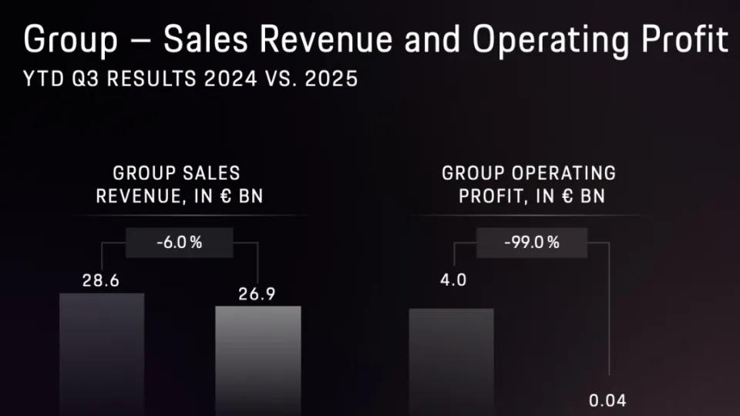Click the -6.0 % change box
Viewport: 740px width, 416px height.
click(179, 243)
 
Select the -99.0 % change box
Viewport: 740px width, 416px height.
click(531, 243)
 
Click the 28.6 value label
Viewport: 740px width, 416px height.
click(101, 280)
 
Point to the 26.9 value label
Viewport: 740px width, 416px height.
click(257, 294)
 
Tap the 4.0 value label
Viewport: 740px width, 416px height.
click(452, 280)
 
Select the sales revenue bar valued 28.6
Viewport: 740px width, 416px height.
click(102, 354)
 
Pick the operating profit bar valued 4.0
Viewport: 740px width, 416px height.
click(451, 362)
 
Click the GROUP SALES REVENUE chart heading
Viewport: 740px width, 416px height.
click(179, 184)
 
